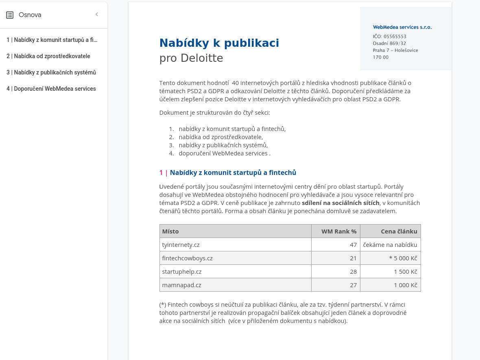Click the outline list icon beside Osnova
point(10,15)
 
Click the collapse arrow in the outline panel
point(97,15)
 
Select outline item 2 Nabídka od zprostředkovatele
point(48,56)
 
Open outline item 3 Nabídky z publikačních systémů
point(51,72)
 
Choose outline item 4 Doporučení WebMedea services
point(51,89)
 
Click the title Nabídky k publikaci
point(219,43)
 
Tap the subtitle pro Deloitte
point(191,58)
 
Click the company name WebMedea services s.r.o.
point(402,27)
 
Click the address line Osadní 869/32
point(389,44)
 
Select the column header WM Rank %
point(339,231)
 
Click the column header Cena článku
point(399,231)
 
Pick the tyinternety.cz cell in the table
point(181,245)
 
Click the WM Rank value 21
point(353,258)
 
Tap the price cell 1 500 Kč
point(405,272)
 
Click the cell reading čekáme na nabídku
point(390,245)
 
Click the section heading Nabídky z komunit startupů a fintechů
point(233,172)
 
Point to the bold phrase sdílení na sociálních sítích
point(340,203)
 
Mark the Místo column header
point(170,231)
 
